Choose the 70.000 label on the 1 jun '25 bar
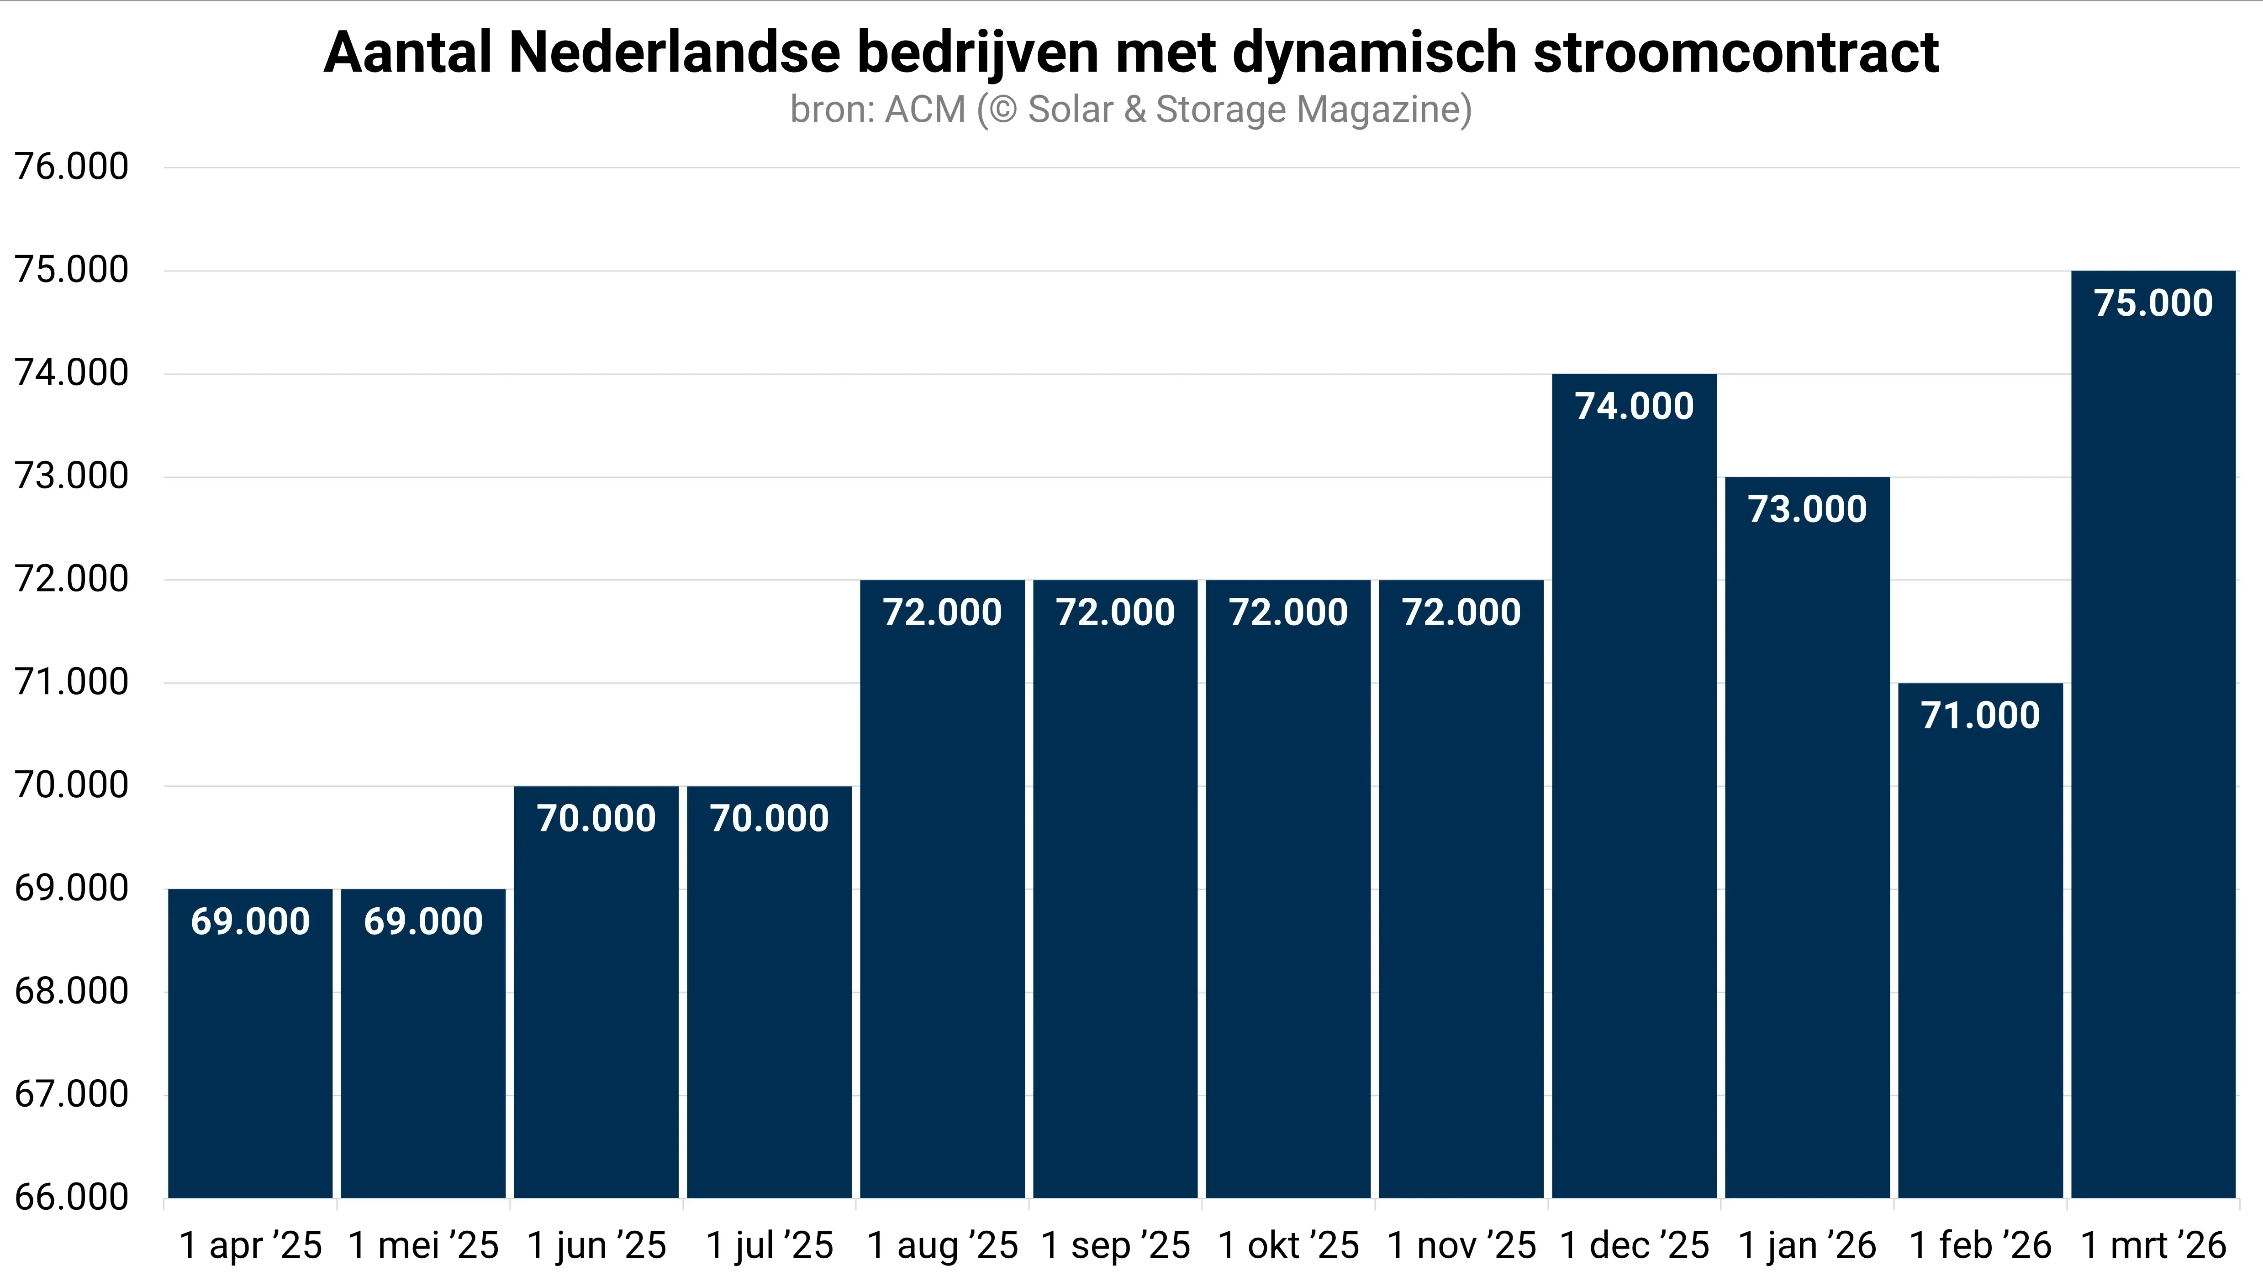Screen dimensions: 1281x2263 pyautogui.click(x=596, y=818)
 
